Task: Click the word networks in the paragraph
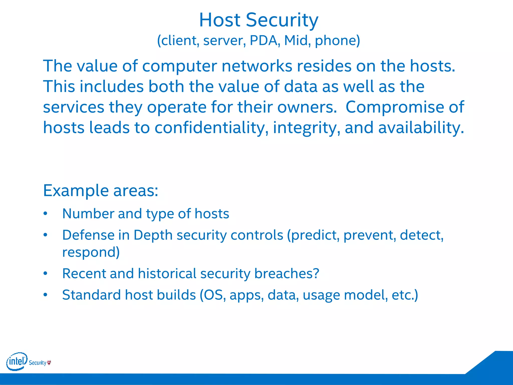tap(257, 66)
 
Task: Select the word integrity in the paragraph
tap(306, 128)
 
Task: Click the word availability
tap(421, 128)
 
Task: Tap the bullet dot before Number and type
tap(45, 214)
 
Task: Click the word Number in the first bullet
tap(88, 214)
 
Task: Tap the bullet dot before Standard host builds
tap(45, 295)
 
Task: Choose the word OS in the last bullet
tap(213, 295)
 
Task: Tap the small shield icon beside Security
tap(49, 362)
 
